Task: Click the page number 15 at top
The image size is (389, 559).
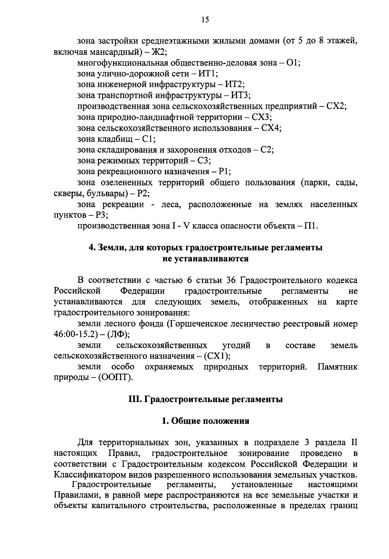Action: pos(205,20)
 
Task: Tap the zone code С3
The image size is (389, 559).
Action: pos(204,161)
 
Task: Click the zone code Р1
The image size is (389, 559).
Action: pos(224,172)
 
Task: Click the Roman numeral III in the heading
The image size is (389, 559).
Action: pos(134,399)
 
